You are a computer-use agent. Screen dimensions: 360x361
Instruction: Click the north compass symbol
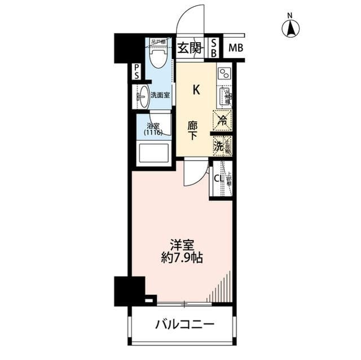point(290,26)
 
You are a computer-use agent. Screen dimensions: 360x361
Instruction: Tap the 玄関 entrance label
point(189,48)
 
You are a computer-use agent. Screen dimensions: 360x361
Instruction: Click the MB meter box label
point(235,48)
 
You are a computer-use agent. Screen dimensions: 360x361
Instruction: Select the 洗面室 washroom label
point(161,95)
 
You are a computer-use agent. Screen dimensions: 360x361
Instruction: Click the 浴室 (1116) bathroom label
point(153,130)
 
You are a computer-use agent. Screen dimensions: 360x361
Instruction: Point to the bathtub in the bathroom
point(152,153)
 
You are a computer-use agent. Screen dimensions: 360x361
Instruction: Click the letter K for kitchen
point(196,88)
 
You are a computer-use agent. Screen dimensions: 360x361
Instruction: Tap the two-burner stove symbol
point(224,73)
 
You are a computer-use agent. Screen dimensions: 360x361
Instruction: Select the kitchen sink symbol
point(224,97)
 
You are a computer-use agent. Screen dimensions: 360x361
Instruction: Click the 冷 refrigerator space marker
point(222,119)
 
